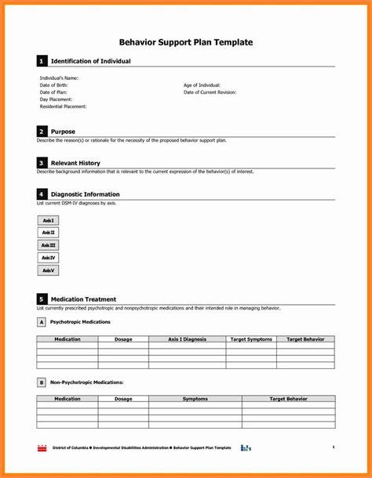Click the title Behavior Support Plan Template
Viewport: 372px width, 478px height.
pyautogui.click(x=185, y=42)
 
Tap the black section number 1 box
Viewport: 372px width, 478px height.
pyautogui.click(x=42, y=61)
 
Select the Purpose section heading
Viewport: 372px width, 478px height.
pyautogui.click(x=64, y=132)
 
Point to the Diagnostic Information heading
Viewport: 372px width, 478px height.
pyautogui.click(x=85, y=194)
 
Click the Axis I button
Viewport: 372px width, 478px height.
pyautogui.click(x=48, y=220)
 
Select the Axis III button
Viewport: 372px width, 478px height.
pyautogui.click(x=48, y=245)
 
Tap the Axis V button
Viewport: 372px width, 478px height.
pyautogui.click(x=48, y=270)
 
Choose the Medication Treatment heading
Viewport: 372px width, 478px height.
pyautogui.click(x=83, y=299)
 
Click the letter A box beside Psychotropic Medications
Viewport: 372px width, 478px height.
pyautogui.click(x=41, y=322)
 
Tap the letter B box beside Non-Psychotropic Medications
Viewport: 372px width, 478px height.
pyautogui.click(x=41, y=382)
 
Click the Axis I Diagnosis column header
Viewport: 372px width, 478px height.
pyautogui.click(x=187, y=339)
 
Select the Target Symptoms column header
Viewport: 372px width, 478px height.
pyautogui.click(x=251, y=339)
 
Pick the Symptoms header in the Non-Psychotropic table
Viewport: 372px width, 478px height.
pyautogui.click(x=195, y=399)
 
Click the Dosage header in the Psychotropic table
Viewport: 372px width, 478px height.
pyautogui.click(x=123, y=339)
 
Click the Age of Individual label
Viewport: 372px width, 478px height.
pyautogui.click(x=202, y=85)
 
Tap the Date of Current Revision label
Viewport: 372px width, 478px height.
pyautogui.click(x=210, y=92)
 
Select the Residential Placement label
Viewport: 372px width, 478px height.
pyautogui.click(x=64, y=107)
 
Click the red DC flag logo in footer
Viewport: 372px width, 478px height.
pyautogui.click(x=42, y=447)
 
